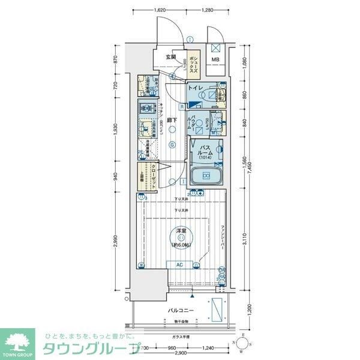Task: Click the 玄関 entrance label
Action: [171, 58]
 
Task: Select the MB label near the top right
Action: [215, 59]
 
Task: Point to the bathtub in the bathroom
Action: [206, 176]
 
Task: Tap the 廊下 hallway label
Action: [171, 121]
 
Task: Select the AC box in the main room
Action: [179, 264]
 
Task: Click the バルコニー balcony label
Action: [179, 310]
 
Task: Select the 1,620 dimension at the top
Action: [160, 10]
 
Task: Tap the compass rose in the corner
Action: [242, 343]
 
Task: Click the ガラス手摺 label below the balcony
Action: [179, 337]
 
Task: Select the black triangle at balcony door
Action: [192, 296]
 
